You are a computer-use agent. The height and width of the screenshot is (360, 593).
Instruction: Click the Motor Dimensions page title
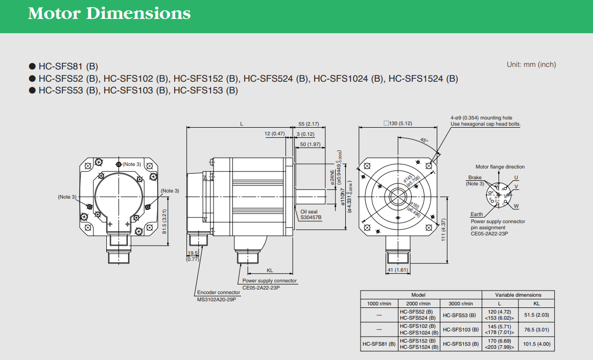point(109,14)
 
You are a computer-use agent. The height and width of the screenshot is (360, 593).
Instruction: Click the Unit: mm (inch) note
point(531,64)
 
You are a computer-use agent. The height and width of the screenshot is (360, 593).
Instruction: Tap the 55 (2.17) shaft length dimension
point(309,124)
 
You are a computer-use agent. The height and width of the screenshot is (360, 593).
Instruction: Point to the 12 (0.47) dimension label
point(274,134)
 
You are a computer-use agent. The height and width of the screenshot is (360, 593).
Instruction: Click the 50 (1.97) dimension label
point(310,145)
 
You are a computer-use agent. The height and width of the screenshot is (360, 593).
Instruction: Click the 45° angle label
point(424,140)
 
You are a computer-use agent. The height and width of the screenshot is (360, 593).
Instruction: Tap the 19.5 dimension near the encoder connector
point(193,253)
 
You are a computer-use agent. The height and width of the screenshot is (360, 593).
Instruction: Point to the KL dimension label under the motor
point(270,270)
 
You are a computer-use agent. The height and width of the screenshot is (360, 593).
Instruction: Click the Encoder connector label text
point(219,293)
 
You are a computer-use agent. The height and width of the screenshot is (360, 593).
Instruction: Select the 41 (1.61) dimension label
point(397,270)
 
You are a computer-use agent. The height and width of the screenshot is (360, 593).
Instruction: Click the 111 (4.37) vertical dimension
point(444,230)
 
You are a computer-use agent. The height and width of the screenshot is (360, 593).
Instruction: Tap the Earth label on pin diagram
point(476,214)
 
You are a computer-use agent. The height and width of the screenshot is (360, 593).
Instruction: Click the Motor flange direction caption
point(500,167)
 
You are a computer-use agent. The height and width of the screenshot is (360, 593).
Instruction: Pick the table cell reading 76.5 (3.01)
point(537,329)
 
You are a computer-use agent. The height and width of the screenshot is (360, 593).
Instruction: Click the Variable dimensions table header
point(518,295)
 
